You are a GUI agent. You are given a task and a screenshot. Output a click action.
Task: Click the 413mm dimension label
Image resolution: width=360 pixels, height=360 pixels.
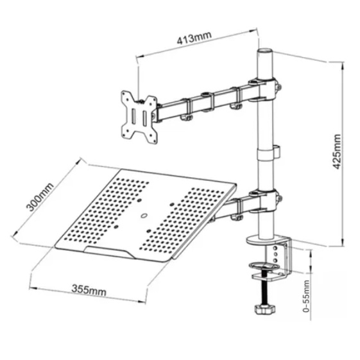[x=194, y=39]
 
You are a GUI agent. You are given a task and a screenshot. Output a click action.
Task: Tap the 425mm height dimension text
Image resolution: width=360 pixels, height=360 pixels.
[x=337, y=151]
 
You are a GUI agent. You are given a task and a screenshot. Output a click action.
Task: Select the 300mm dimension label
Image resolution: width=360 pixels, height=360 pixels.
[x=40, y=197]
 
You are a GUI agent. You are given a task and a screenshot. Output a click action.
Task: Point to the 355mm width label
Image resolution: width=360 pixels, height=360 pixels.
[x=89, y=290]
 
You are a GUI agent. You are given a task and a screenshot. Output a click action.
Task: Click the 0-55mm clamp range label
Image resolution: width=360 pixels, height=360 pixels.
[x=306, y=296]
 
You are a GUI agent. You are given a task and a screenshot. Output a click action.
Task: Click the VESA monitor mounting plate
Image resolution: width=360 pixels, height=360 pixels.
[x=139, y=117]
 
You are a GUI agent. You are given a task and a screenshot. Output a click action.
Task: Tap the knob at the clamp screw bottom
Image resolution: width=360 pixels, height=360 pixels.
[x=264, y=309]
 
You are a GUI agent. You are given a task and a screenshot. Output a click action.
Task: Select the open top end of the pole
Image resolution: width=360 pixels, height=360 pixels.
[x=265, y=51]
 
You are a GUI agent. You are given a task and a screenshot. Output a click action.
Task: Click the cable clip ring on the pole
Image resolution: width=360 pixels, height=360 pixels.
[x=268, y=152]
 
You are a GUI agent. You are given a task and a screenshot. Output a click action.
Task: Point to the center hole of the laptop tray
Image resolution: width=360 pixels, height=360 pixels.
[x=144, y=216]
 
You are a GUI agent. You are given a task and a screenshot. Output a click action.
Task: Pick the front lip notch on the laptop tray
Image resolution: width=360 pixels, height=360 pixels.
[x=107, y=252]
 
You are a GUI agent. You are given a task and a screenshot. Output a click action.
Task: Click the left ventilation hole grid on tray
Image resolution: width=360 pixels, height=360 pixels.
[x=107, y=210]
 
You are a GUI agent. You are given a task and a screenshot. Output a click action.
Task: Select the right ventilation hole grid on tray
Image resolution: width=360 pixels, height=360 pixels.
[x=182, y=220]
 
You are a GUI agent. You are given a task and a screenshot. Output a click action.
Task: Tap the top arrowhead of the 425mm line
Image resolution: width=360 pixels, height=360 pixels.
[x=343, y=65]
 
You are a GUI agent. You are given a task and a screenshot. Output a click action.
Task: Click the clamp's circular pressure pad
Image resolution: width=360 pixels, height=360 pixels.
[x=264, y=266]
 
